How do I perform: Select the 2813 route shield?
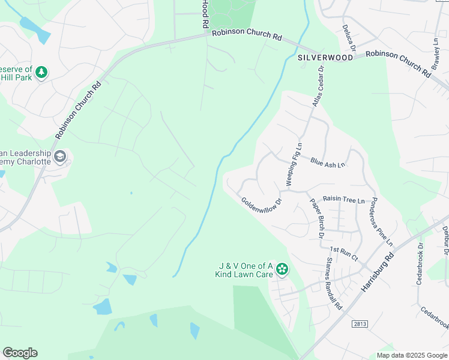pos(360,325)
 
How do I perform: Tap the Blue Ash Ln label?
pos(328,163)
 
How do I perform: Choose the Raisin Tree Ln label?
pos(343,199)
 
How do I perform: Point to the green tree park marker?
pos(41,73)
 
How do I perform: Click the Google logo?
pos(20,353)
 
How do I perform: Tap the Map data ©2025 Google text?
pos(411,355)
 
